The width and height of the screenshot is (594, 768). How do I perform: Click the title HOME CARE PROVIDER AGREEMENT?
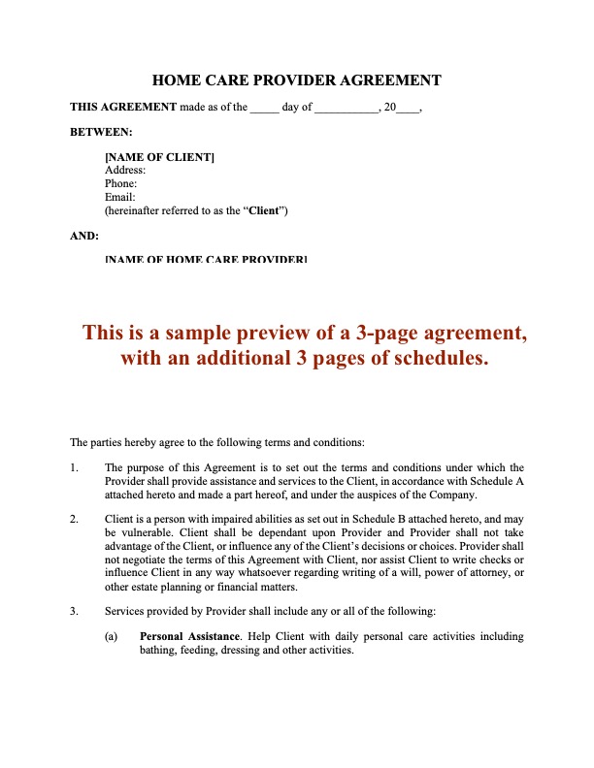pos(297,80)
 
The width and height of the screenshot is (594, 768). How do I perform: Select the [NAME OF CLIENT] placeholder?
pos(159,156)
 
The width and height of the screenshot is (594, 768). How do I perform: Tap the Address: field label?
pos(124,170)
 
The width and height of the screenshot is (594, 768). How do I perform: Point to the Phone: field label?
pos(120,183)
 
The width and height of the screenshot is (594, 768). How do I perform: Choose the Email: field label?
pos(119,197)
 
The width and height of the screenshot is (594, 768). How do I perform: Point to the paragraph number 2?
pos(74,519)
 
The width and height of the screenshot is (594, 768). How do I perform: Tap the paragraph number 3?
pos(74,611)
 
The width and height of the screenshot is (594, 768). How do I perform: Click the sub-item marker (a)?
pos(112,637)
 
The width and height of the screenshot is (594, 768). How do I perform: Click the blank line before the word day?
pos(264,108)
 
